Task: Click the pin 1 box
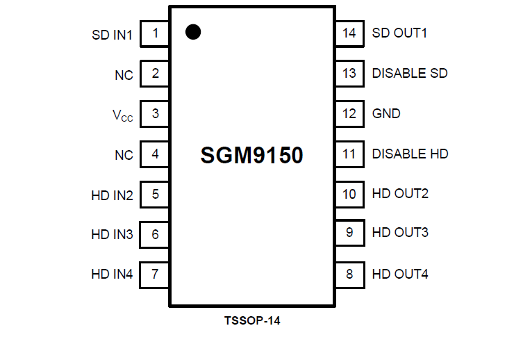155,33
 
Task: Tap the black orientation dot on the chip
193,31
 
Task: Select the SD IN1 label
112,34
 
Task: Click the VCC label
122,115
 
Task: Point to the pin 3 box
155,114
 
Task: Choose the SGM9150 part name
251,156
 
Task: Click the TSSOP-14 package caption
252,321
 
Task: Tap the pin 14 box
349,33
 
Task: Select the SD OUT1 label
399,33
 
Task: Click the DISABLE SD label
410,73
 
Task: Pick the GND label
386,113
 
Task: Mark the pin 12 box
349,113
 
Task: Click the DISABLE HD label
410,154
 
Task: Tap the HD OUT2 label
400,193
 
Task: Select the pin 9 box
349,233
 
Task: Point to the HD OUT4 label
400,274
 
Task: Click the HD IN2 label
112,195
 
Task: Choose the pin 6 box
155,235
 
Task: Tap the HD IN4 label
112,275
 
